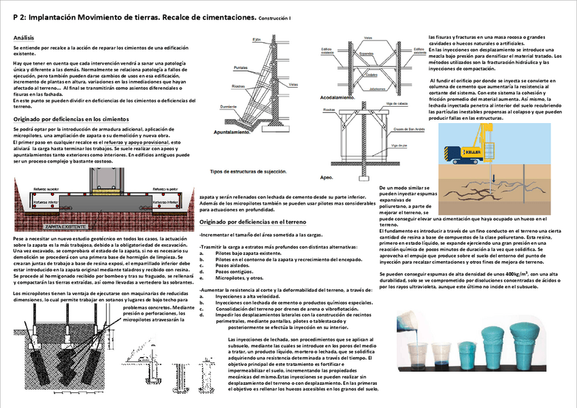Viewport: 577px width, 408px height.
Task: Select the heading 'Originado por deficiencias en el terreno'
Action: pos(252,222)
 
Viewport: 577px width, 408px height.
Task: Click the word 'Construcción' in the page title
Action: pos(274,18)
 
